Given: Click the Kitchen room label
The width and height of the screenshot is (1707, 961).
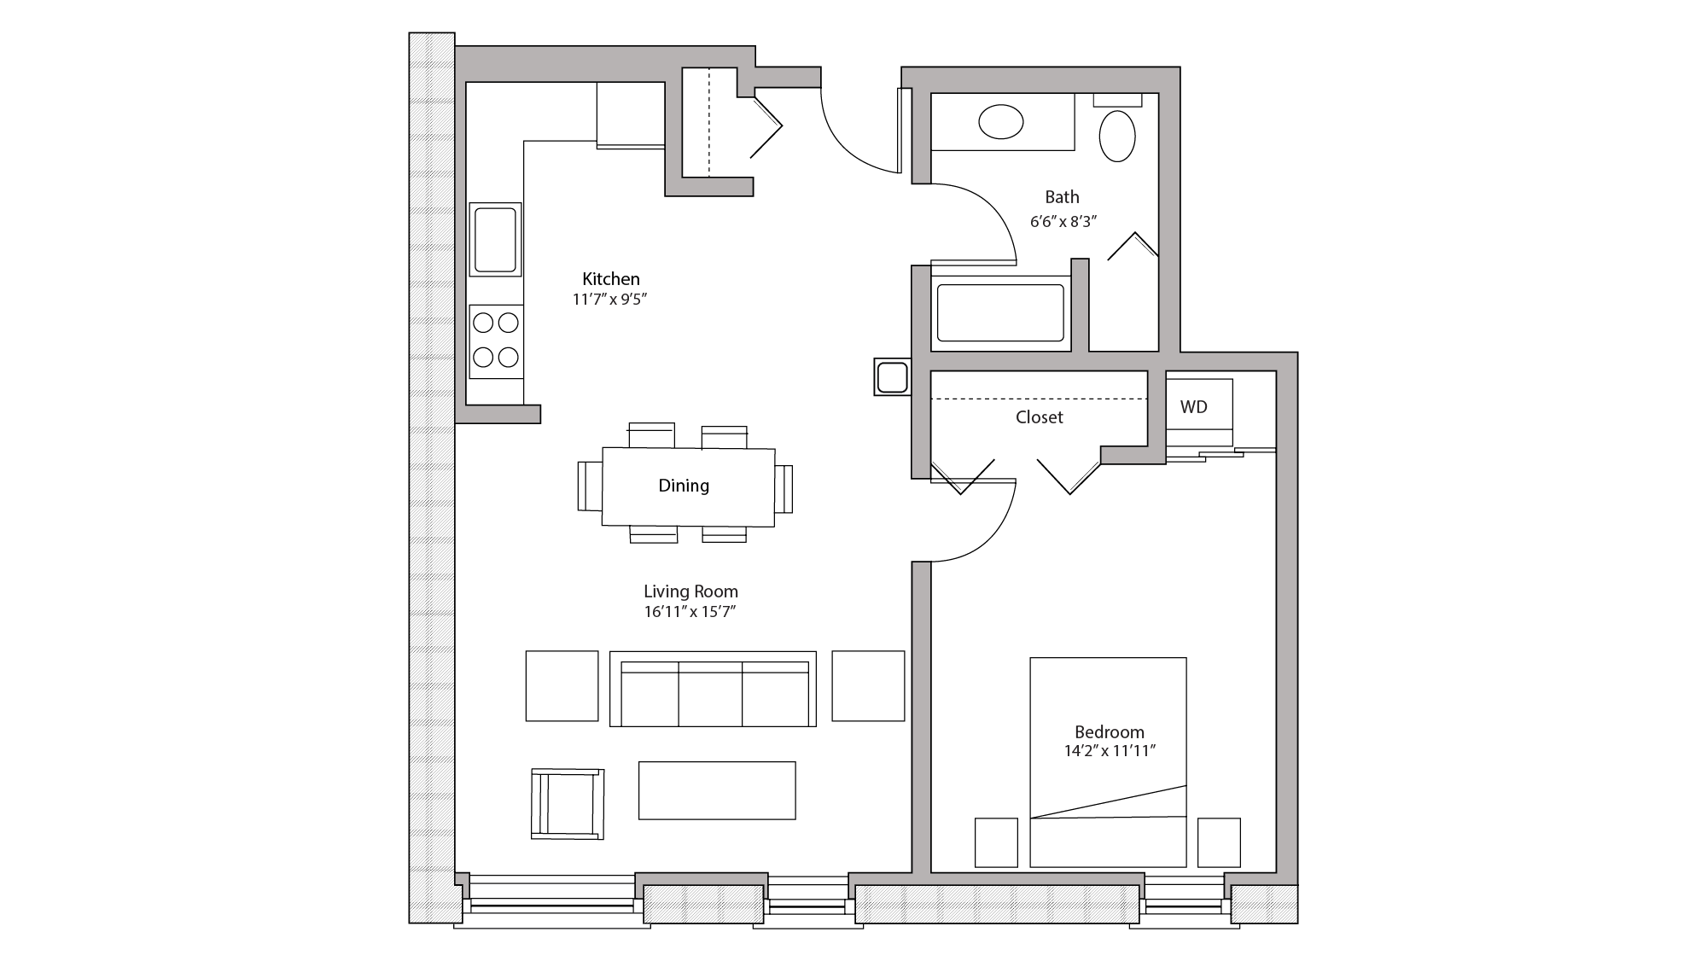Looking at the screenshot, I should [x=610, y=279].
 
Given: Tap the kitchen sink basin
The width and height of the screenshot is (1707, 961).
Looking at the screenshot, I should [x=495, y=239].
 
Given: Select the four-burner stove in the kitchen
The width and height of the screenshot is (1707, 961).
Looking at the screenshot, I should [x=496, y=341].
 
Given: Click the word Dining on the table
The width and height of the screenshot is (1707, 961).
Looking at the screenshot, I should [x=684, y=486].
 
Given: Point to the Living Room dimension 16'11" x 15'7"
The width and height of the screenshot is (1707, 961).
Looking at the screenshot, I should [x=690, y=612].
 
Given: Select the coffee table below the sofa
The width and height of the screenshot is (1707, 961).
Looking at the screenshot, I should [x=717, y=790].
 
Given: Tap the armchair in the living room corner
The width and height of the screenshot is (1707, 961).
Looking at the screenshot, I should [x=568, y=803].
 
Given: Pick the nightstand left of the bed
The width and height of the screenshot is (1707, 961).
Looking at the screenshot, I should [x=996, y=842].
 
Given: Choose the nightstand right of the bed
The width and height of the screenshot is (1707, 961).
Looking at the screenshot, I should [x=1218, y=842].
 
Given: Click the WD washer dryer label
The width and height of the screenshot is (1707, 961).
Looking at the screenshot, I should [x=1194, y=407].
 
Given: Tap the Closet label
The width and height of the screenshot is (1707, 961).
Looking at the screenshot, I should [x=1039, y=417].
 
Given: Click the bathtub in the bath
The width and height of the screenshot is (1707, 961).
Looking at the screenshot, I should [x=1000, y=313].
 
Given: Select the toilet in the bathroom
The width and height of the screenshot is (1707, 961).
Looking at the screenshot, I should [x=1117, y=135].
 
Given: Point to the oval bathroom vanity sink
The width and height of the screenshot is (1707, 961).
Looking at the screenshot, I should [x=1000, y=122].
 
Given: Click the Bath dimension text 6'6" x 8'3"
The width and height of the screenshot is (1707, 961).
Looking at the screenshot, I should [x=1063, y=222].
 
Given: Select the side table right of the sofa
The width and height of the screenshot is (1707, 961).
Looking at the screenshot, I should [x=868, y=686].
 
